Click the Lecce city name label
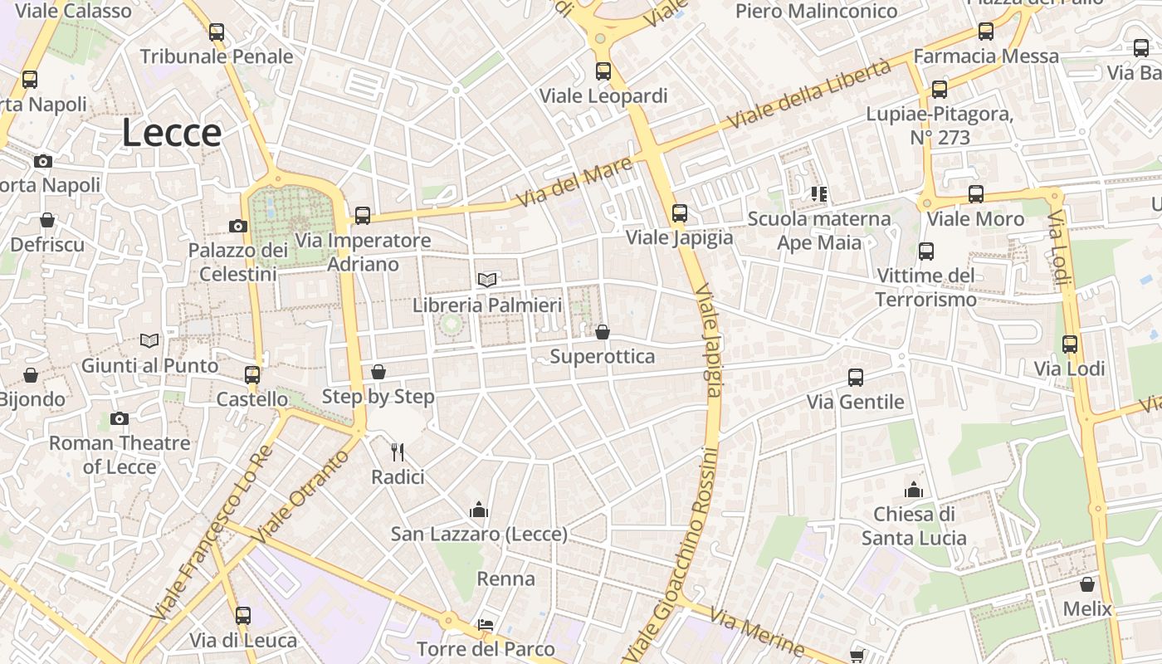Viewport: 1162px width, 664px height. tap(172, 133)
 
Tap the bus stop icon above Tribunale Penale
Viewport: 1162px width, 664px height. tap(217, 32)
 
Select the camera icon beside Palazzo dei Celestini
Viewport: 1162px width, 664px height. tap(238, 226)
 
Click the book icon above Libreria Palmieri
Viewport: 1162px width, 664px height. tap(487, 281)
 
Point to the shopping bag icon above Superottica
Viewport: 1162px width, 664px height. tap(603, 332)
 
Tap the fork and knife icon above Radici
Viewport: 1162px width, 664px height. tap(398, 452)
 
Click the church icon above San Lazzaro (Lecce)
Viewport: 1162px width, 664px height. tap(479, 510)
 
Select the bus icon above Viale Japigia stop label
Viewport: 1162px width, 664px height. tap(680, 213)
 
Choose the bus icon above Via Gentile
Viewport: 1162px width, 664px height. tap(856, 378)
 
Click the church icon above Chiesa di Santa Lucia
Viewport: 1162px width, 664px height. tap(914, 490)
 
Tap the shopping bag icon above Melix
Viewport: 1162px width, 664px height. tap(1087, 584)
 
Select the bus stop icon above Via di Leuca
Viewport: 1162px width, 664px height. tap(243, 616)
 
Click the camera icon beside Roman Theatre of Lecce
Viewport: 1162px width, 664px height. tap(120, 418)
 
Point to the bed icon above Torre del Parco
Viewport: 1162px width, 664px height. tap(486, 624)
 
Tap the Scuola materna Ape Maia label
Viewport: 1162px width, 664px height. tap(818, 230)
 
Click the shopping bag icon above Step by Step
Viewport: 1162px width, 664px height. tap(378, 371)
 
